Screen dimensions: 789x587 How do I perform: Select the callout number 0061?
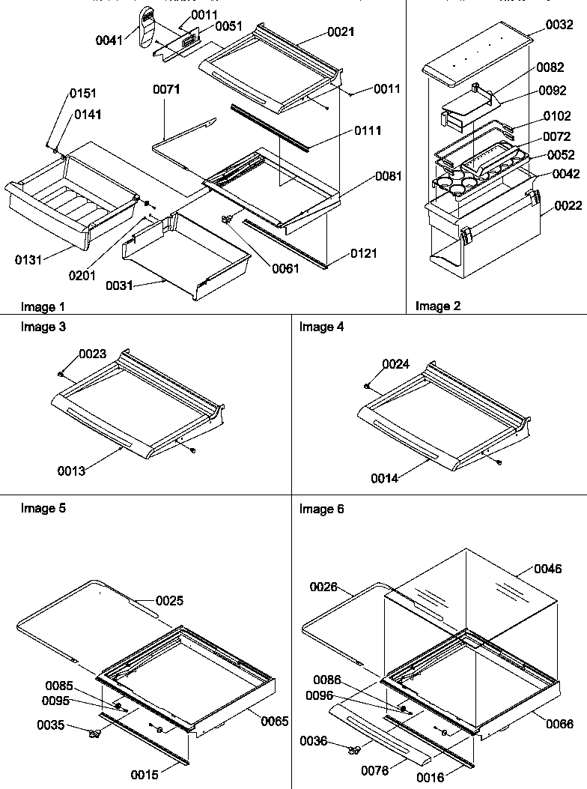[286, 269]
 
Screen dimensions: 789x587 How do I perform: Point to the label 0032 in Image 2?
[560, 25]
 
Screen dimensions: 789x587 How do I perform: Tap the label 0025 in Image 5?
[170, 600]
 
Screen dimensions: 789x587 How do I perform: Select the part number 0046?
[547, 569]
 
